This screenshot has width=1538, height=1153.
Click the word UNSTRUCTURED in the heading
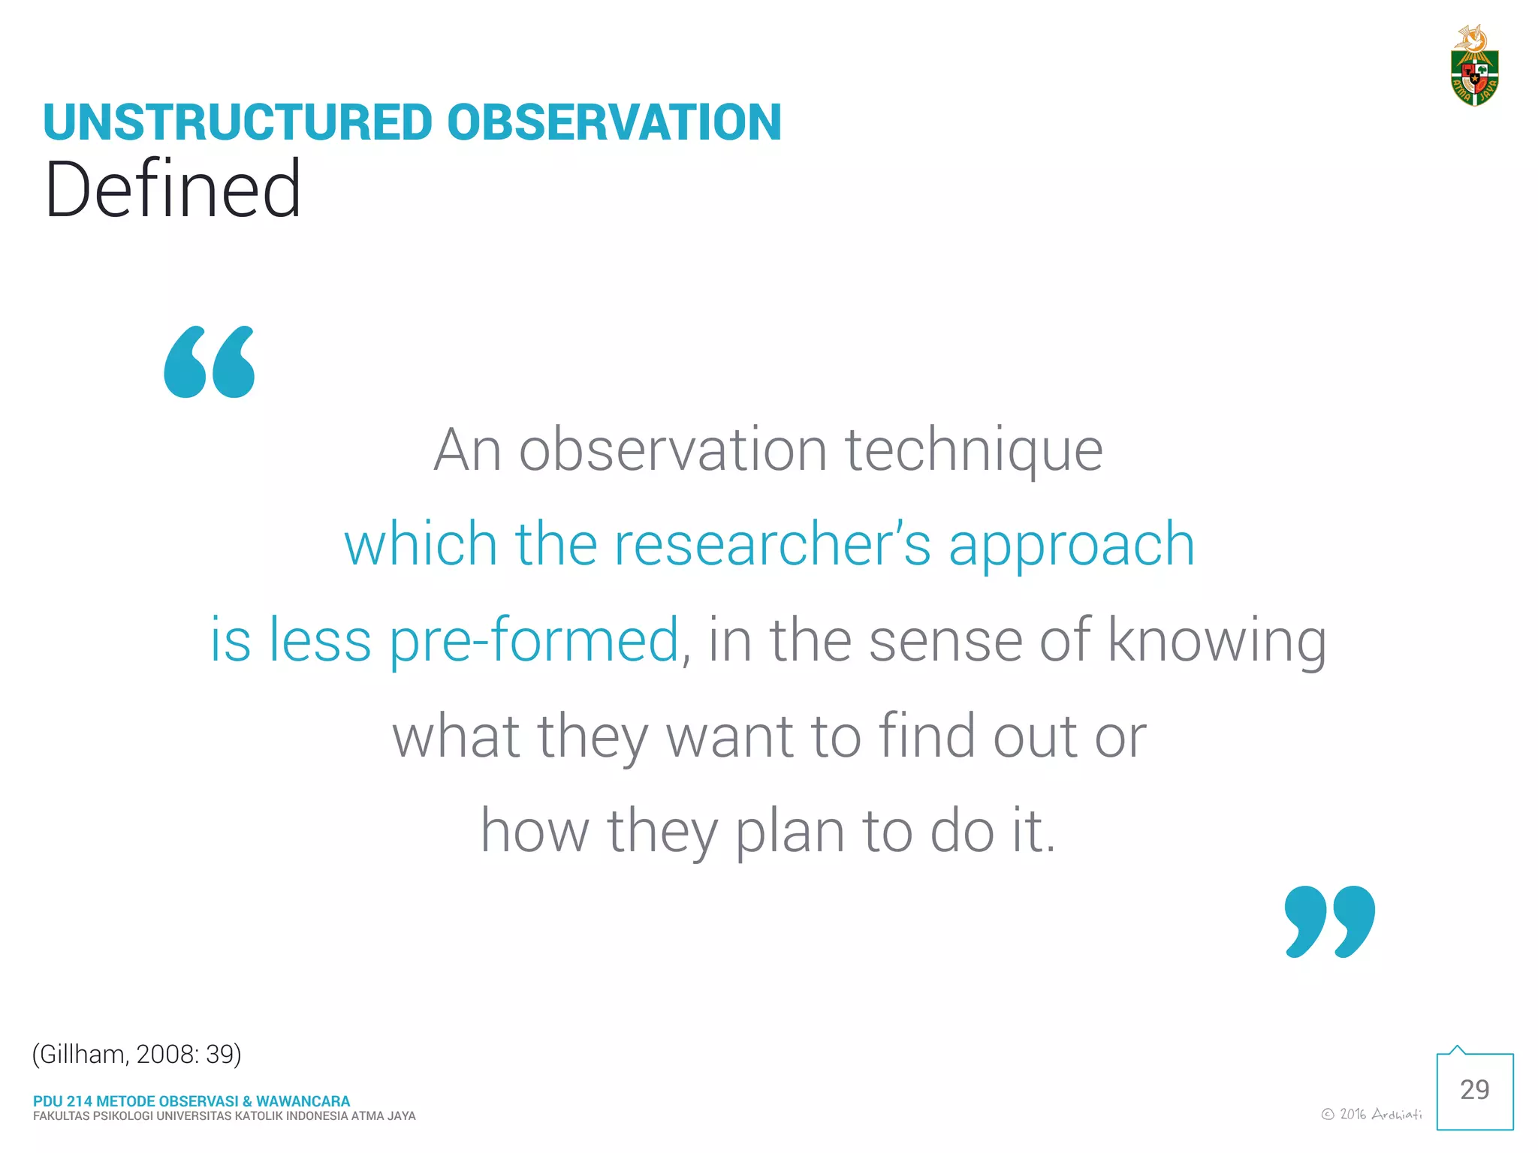[x=238, y=122]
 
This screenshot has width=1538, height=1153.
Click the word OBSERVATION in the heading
[x=614, y=122]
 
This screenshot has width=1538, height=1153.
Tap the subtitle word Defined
[x=173, y=189]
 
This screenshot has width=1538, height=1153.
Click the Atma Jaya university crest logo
[x=1473, y=68]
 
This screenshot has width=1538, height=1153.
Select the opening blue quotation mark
[x=210, y=362]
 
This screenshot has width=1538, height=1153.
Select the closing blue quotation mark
[x=1329, y=921]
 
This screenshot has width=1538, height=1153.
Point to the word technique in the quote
[x=974, y=450]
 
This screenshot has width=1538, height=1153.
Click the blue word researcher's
[x=772, y=544]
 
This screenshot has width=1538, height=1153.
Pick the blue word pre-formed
[x=534, y=641]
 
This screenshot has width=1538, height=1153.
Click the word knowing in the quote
[x=1217, y=641]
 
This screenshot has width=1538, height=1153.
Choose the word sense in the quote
[x=945, y=641]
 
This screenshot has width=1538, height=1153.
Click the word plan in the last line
[x=789, y=832]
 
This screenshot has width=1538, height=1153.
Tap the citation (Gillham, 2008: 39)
[x=137, y=1054]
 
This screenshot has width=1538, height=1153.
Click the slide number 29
[x=1474, y=1090]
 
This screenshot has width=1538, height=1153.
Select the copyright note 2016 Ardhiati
[x=1371, y=1114]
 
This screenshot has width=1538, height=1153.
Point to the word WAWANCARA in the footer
[x=303, y=1101]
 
